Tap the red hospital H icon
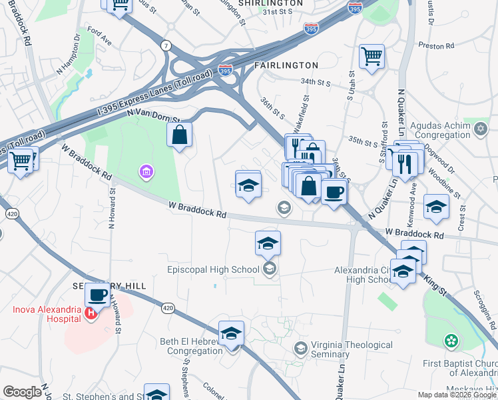tap(91, 314)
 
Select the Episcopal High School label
tap(213, 270)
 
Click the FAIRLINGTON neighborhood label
tap(286, 65)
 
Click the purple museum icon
tap(146, 173)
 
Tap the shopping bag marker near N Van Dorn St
tap(179, 135)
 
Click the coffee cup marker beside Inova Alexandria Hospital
tap(97, 294)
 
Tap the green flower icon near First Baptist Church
tap(452, 341)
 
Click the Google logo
tap(22, 392)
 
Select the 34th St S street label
tap(316, 82)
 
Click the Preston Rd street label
tap(436, 46)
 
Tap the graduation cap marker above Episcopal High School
tap(268, 243)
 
